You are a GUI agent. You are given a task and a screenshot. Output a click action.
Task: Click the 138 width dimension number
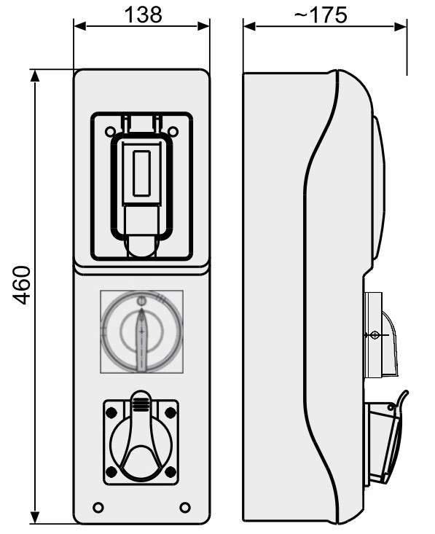(x=143, y=15)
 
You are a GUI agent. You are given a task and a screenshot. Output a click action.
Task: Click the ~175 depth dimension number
(x=320, y=15)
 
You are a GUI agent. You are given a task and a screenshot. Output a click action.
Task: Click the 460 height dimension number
(x=21, y=286)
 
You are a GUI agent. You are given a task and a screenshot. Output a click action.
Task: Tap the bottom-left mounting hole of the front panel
(x=98, y=507)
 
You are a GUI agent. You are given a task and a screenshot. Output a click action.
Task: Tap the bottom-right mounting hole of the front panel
(x=185, y=507)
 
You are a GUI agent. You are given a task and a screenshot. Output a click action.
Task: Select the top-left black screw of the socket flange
(x=111, y=413)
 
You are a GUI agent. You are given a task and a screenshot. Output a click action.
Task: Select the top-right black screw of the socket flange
(x=171, y=413)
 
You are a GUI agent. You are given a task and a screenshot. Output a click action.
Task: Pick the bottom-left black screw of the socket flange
(x=111, y=471)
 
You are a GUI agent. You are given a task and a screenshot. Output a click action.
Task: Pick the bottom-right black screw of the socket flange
(x=171, y=471)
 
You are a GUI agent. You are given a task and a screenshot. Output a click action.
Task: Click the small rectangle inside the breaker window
(x=141, y=173)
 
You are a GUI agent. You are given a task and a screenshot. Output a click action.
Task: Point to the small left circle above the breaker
(x=110, y=131)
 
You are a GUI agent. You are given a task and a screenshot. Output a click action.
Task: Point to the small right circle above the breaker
(x=173, y=131)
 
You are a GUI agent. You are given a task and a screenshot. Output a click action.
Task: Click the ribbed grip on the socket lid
(x=141, y=403)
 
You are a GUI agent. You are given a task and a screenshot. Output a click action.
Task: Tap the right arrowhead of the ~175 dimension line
(x=401, y=26)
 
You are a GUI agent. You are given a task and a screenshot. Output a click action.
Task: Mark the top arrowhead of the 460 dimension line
(x=35, y=76)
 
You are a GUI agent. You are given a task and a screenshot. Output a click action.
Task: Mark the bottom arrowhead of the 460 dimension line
(x=35, y=518)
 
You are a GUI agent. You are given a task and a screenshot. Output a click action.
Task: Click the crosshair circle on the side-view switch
(x=375, y=335)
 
